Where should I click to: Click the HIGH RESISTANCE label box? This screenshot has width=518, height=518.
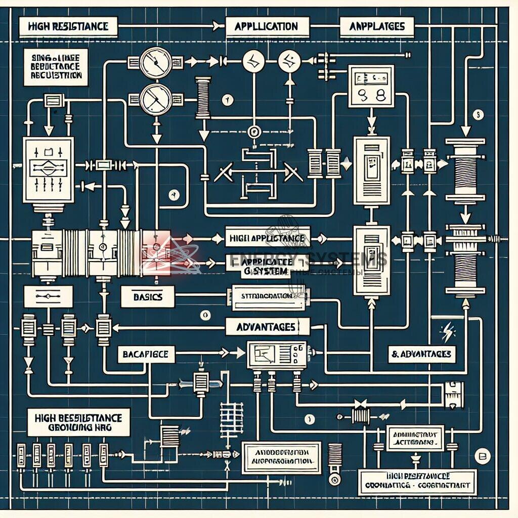(x=68, y=26)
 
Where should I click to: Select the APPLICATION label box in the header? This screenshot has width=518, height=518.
(x=266, y=26)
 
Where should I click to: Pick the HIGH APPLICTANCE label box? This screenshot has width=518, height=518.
(x=267, y=237)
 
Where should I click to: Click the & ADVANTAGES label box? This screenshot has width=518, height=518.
(x=421, y=354)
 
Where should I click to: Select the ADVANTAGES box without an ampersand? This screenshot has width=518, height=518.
(x=266, y=327)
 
